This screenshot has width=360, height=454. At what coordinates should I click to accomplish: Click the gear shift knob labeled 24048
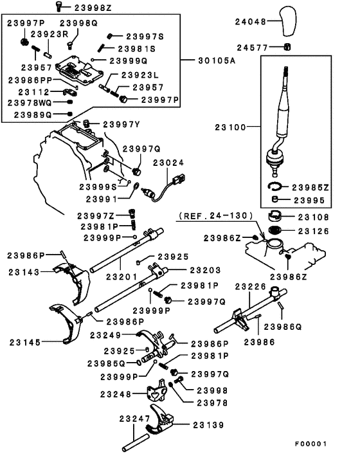(288, 21)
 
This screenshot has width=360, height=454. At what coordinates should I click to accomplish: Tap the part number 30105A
(217, 61)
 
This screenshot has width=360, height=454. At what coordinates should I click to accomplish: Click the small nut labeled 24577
(287, 46)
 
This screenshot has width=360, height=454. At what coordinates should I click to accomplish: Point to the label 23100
(230, 127)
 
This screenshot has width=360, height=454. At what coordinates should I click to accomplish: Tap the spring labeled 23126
(274, 230)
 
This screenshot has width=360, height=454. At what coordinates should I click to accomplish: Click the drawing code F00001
(310, 444)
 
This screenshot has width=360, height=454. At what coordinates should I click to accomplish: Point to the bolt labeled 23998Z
(59, 6)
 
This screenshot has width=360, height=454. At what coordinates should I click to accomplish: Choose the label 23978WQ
(30, 103)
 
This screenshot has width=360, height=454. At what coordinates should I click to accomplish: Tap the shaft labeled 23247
(136, 442)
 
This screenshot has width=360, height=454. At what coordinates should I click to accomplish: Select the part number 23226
(250, 287)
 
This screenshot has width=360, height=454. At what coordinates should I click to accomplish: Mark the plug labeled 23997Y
(86, 123)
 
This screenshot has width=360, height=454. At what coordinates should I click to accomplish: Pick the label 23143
(24, 272)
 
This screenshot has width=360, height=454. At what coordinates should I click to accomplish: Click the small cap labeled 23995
(275, 199)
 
